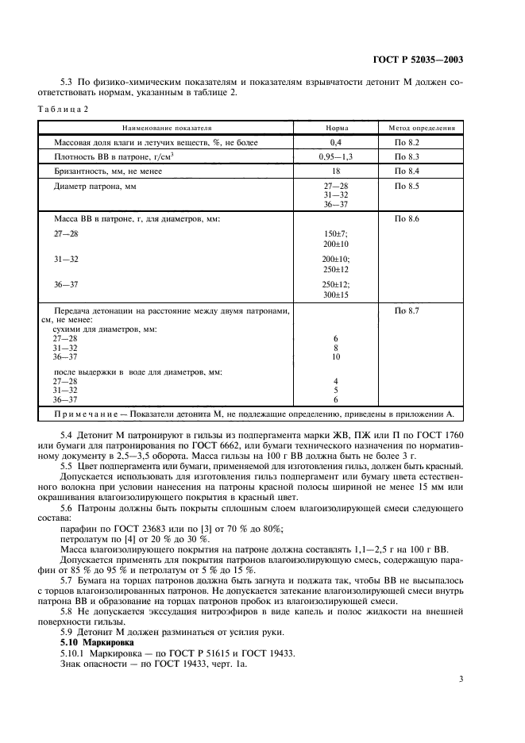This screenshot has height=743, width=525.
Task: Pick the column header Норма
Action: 336,127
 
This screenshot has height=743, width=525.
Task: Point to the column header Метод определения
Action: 421,127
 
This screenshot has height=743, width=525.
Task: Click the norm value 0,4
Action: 336,142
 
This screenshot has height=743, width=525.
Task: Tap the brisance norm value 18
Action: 336,171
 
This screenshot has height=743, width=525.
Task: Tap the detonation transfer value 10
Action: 336,357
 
